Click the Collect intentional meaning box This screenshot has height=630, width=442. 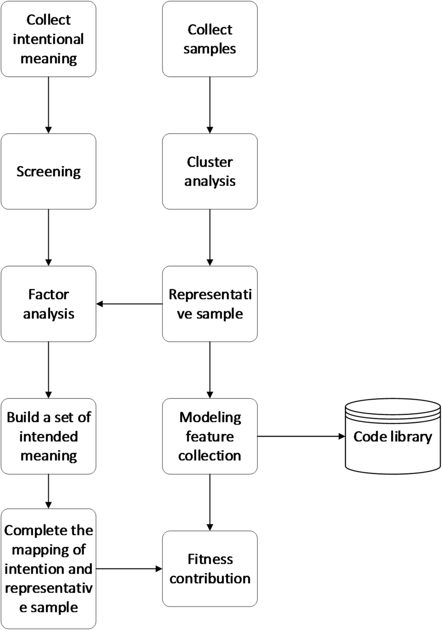point(48,39)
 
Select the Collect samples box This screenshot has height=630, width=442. point(210,39)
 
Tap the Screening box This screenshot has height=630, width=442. point(48,171)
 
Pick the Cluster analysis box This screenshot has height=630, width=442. point(210,171)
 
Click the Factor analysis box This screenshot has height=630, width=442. point(48,304)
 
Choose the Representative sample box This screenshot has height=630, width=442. point(210,304)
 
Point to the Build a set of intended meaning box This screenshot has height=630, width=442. point(48,436)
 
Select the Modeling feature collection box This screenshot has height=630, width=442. point(210,436)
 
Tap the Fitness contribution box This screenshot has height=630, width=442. point(210,569)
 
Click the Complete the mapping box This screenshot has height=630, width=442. point(48,569)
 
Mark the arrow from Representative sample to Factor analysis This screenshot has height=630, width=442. point(129,304)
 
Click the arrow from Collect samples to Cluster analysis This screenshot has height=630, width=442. point(210,105)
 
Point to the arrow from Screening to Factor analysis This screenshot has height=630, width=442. point(48,237)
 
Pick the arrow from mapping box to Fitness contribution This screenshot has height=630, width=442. point(129,569)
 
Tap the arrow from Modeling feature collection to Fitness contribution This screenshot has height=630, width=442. point(210,502)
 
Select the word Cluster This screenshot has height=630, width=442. point(210,162)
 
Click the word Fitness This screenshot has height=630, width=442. point(210,559)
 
